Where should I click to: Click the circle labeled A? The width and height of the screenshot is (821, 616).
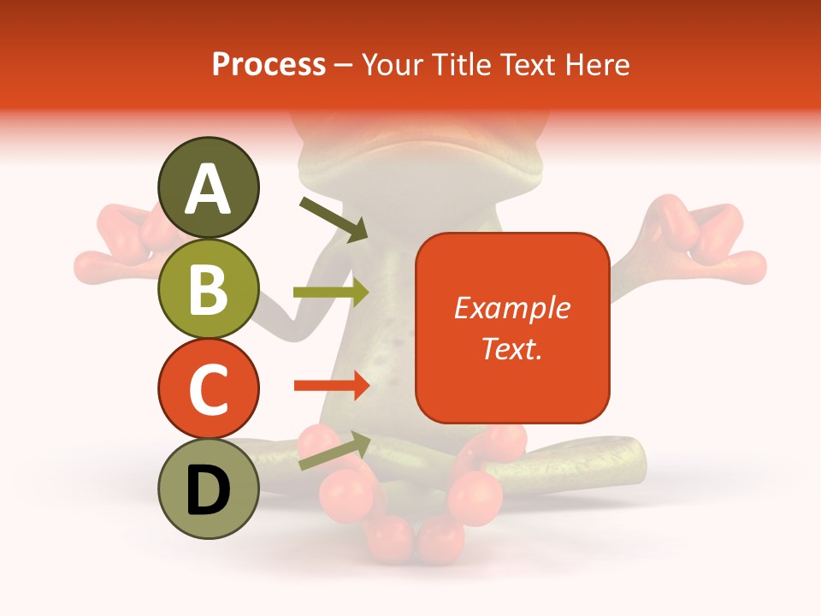click(208, 187)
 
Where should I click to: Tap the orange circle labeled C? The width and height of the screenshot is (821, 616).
click(208, 388)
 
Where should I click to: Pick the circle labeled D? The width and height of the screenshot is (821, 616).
click(208, 489)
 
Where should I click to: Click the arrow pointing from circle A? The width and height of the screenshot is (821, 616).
click(334, 219)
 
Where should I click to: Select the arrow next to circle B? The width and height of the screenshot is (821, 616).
click(331, 292)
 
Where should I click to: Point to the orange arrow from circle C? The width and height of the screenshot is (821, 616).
click(331, 386)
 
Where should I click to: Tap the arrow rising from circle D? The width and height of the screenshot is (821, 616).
click(334, 452)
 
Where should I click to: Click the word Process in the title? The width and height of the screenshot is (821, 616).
click(269, 64)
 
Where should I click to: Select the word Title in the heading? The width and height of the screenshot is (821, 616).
click(463, 64)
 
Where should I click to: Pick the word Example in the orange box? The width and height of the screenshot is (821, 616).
click(511, 308)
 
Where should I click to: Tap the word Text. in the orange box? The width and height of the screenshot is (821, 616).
click(511, 348)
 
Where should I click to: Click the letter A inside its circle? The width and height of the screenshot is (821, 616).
click(208, 189)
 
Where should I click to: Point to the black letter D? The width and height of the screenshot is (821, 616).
click(208, 490)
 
